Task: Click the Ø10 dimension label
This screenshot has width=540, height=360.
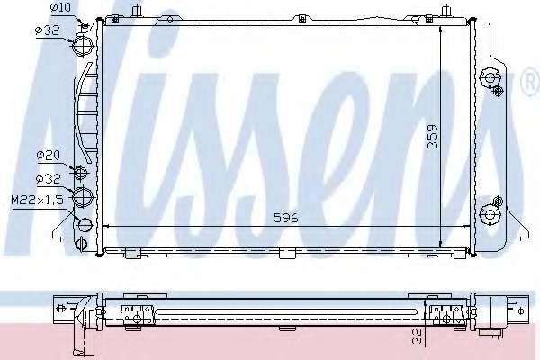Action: coord(60,7)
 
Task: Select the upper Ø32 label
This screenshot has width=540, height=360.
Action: coord(48,31)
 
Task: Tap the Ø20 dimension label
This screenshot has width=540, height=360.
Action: coord(49,156)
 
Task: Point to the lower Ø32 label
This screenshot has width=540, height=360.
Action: coord(49,179)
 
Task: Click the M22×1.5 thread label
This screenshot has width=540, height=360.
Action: coord(37,200)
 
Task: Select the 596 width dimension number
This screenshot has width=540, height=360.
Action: coord(286,218)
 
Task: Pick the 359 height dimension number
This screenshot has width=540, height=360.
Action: coord(433,137)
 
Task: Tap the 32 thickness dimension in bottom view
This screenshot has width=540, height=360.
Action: coord(417,336)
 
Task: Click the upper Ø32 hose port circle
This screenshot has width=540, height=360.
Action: coord(83,45)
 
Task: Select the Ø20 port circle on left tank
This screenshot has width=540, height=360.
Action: coord(81,171)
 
